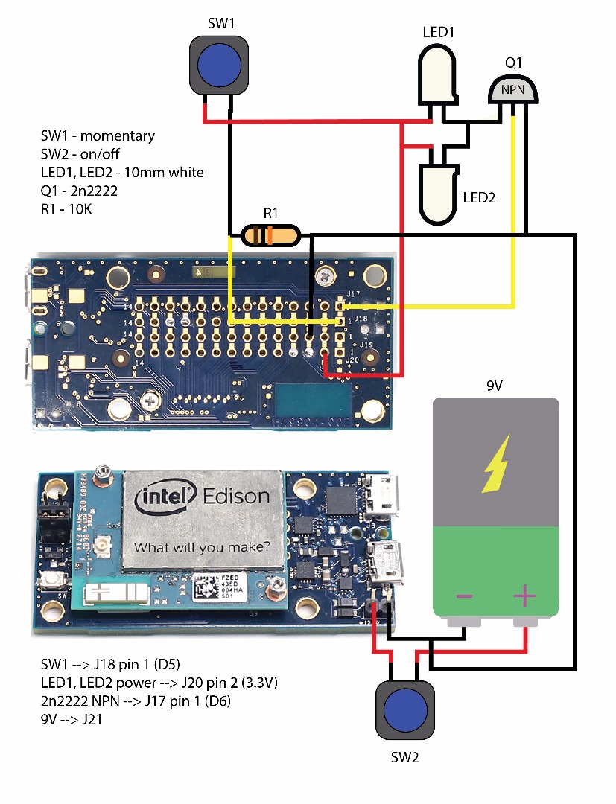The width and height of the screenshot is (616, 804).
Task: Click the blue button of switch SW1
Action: click(220, 65)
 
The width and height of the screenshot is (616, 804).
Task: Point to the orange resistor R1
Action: click(270, 237)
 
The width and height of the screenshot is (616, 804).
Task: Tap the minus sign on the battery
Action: click(465, 596)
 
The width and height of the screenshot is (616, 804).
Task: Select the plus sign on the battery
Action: click(524, 596)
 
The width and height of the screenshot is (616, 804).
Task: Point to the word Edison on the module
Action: click(233, 497)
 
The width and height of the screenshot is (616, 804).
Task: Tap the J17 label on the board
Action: click(353, 294)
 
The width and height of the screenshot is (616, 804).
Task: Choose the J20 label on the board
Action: click(353, 360)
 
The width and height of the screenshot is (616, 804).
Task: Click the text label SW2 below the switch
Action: click(406, 759)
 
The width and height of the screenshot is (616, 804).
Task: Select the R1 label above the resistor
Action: click(271, 214)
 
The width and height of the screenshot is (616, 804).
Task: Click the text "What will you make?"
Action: click(202, 548)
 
